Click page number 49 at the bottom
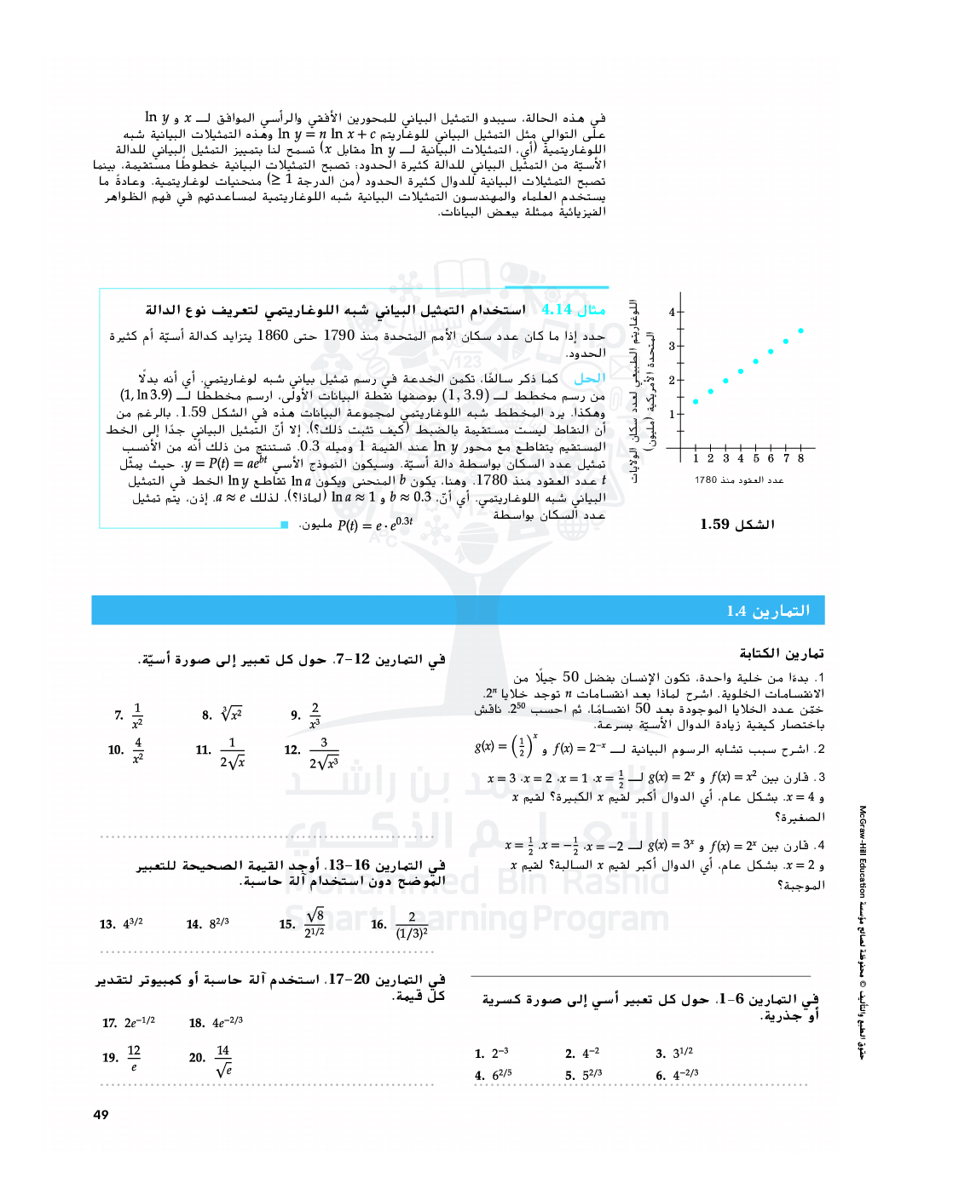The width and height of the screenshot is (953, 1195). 101,1114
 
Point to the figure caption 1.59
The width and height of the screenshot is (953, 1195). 736,525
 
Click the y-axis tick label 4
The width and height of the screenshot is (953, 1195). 672,313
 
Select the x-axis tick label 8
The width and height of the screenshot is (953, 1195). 800,458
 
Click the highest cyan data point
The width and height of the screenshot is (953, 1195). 801,330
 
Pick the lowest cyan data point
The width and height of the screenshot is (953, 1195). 696,401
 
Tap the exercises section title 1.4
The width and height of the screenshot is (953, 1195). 768,611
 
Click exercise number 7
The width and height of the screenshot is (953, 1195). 118,715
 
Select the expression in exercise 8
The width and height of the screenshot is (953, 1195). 231,715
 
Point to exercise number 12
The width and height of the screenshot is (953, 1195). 292,750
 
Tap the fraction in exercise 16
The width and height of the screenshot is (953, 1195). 412,925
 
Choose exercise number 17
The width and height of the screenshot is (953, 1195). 109,1023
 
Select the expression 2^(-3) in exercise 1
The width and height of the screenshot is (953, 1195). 500,1054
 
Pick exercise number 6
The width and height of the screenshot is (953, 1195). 661,1076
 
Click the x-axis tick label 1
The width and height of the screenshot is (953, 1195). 696,458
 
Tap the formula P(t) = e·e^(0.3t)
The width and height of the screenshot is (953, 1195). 375,524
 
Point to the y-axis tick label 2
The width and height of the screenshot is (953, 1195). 672,380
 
